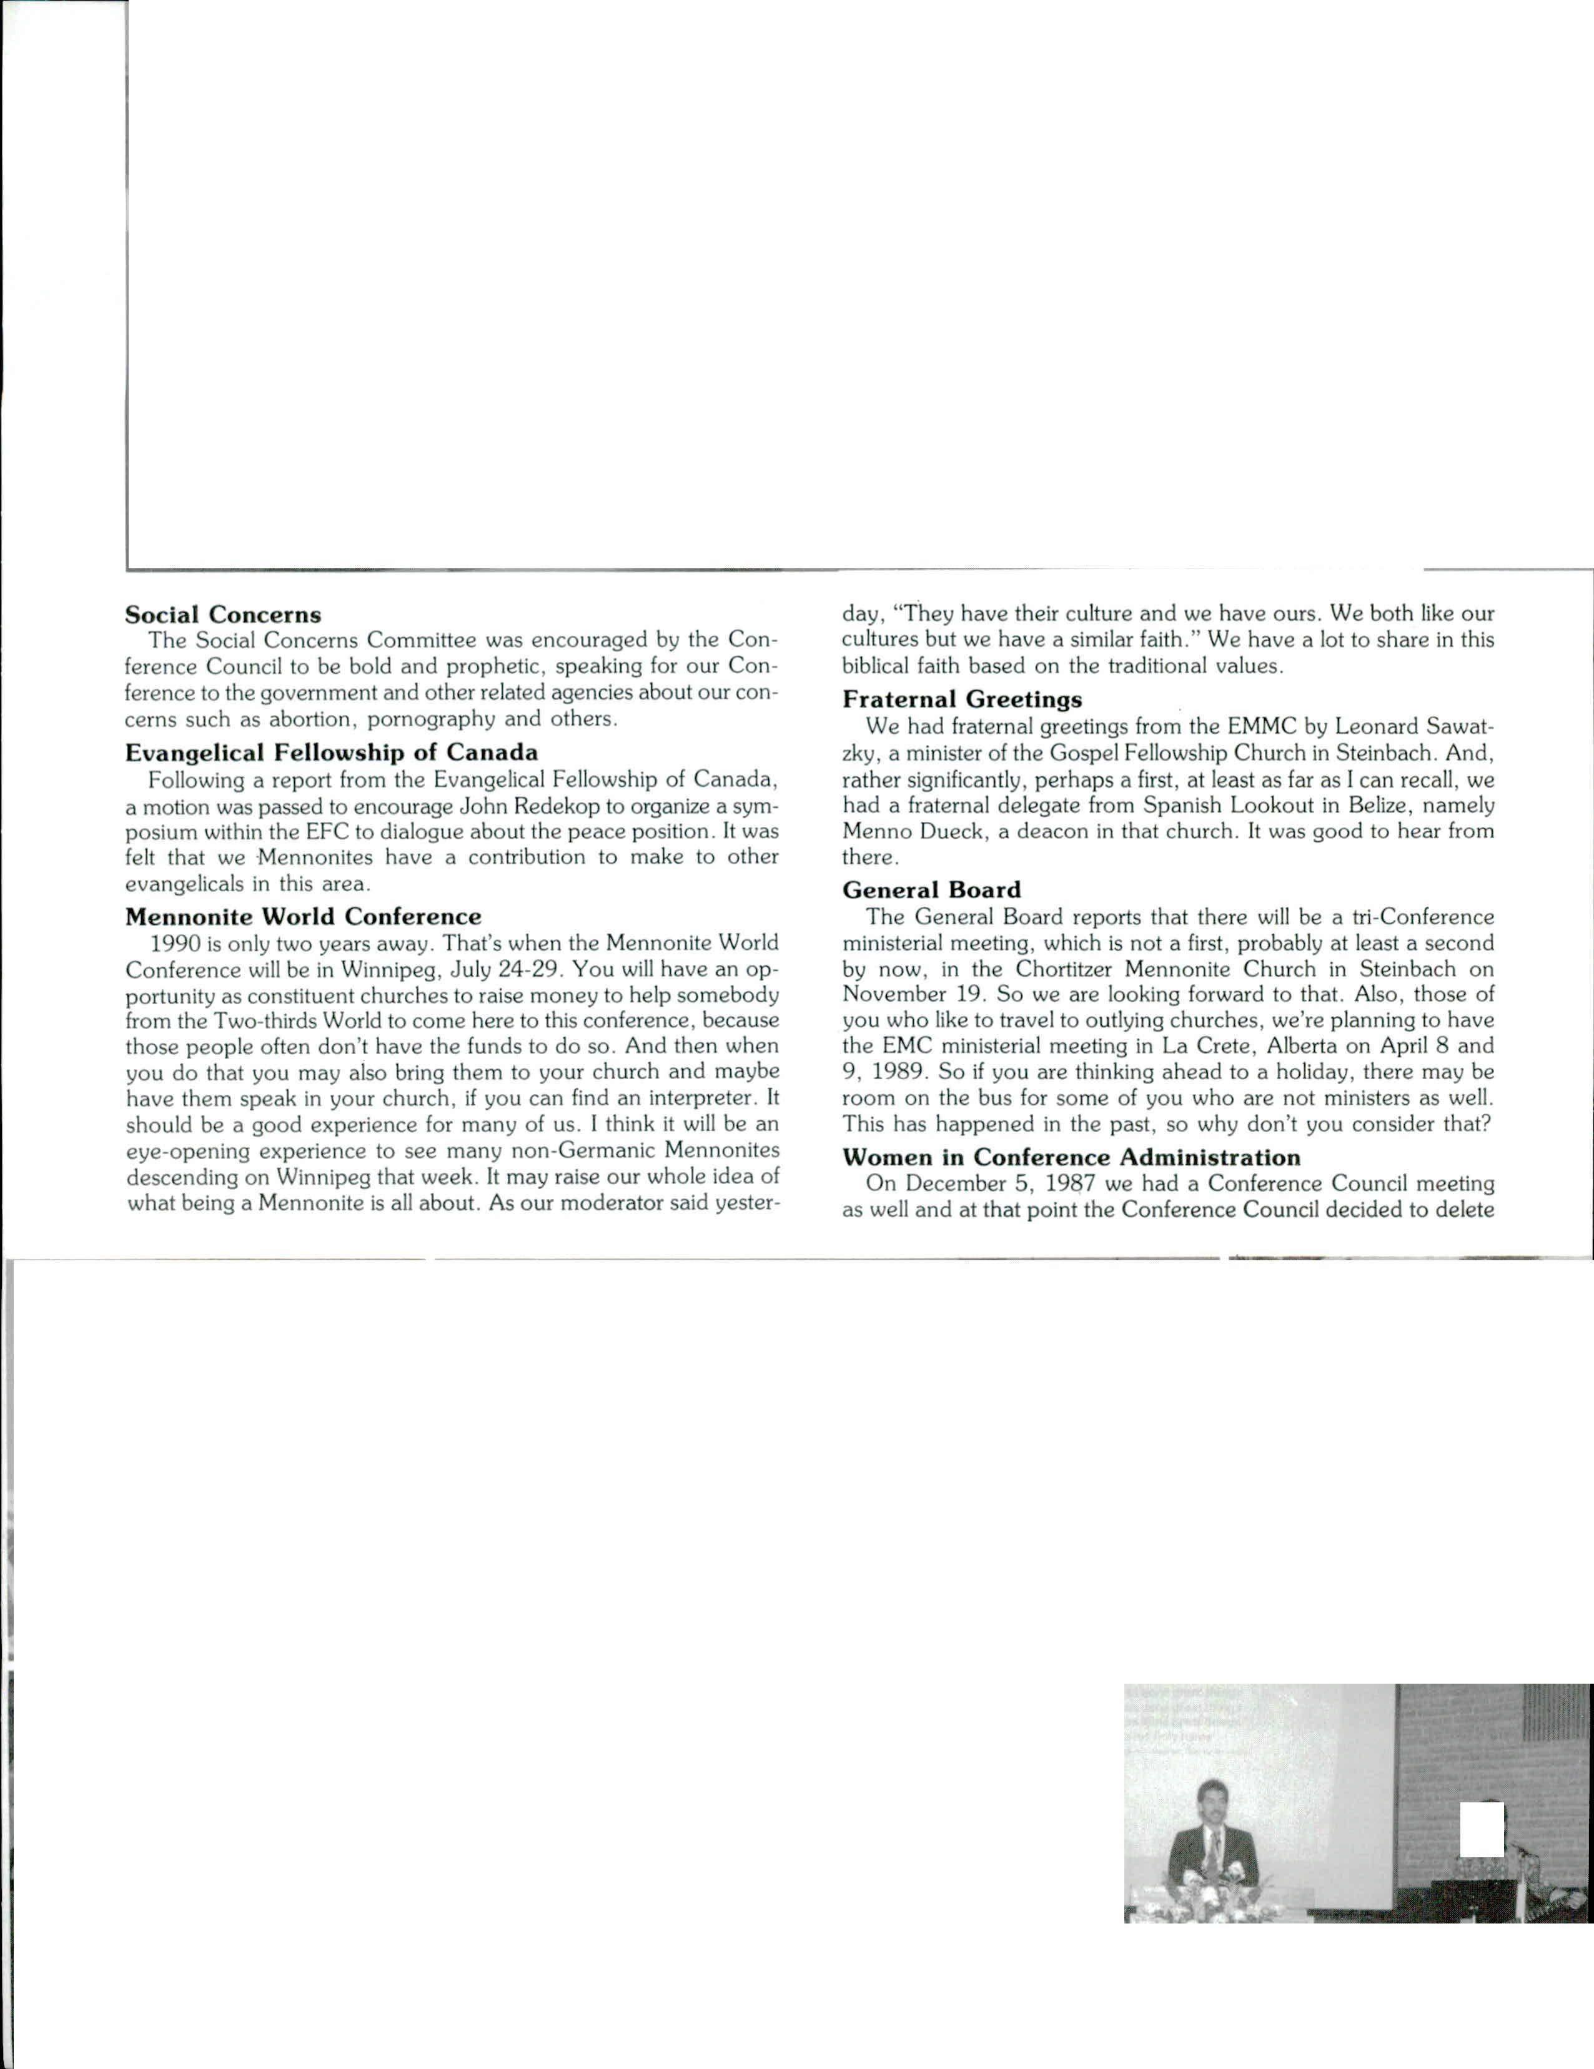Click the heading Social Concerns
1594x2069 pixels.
click(223, 615)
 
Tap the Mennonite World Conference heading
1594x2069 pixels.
click(304, 916)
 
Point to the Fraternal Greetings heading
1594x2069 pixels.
click(962, 699)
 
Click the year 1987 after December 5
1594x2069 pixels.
click(1067, 1184)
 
